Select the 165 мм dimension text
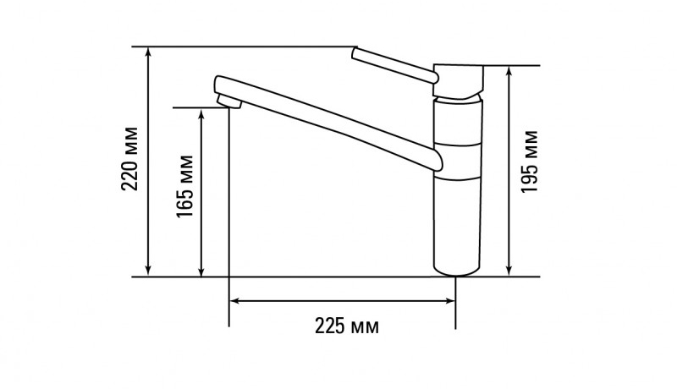pyautogui.click(x=185, y=188)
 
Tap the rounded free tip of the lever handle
pyautogui.click(x=354, y=54)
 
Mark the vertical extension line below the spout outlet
pyautogui.click(x=229, y=211)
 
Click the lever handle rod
pyautogui.click(x=394, y=66)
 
